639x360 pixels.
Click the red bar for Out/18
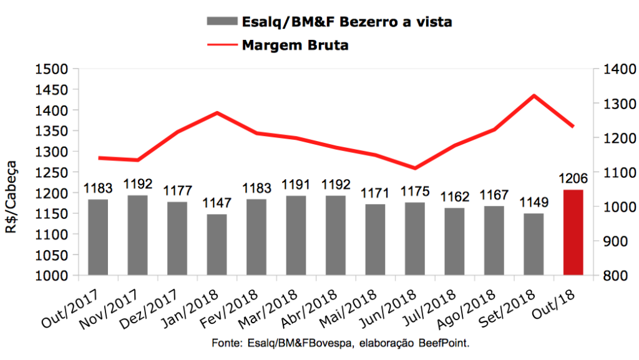[573, 232]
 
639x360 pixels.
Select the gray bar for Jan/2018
[217, 245]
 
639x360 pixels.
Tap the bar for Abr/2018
[335, 235]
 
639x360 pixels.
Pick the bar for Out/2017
[98, 237]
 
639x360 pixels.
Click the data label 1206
[573, 178]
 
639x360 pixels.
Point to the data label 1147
[217, 203]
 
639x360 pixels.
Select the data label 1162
[454, 197]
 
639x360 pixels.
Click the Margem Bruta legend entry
[295, 45]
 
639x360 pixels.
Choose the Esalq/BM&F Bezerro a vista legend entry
[346, 22]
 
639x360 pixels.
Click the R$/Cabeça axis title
[12, 197]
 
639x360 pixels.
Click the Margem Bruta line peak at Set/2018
[534, 95]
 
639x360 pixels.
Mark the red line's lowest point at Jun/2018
[414, 168]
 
